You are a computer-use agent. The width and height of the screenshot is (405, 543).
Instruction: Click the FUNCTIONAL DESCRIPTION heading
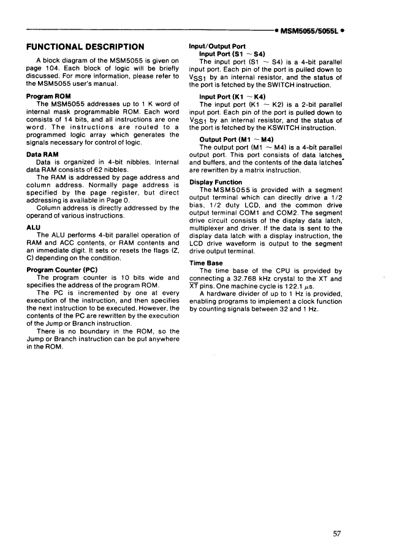tap(86, 47)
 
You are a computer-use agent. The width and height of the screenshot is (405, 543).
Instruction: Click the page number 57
tap(337, 517)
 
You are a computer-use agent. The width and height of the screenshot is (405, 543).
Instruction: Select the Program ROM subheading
tap(50, 96)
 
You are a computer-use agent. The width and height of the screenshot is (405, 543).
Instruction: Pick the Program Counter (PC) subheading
tap(62, 269)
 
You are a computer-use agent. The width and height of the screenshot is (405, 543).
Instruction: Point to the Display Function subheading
tap(216, 182)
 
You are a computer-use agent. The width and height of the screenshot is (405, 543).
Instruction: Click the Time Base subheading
tap(206, 263)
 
